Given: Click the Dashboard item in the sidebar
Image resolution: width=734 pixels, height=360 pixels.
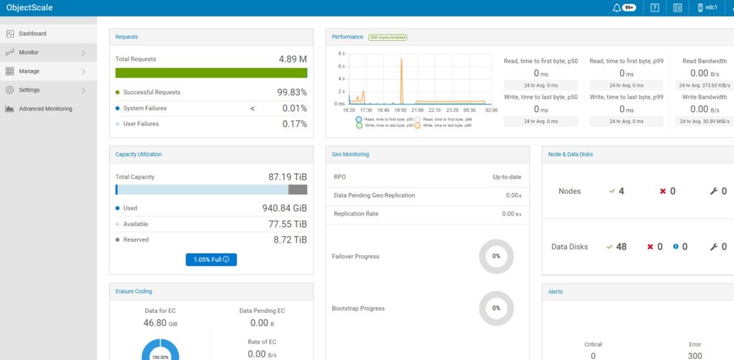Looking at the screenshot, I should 32,34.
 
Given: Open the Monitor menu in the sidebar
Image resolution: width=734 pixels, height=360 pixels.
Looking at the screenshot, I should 29,52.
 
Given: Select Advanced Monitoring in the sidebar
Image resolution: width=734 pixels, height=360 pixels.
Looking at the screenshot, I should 45,109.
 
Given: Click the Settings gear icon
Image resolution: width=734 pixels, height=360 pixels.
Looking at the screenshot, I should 10,90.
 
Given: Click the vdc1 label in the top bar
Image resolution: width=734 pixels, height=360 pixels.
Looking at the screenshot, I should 712,8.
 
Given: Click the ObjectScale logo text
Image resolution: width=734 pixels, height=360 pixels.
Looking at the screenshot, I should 29,8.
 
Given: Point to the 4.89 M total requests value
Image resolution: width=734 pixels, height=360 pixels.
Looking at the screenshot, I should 292,59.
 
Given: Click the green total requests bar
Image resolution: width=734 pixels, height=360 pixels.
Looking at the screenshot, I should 211,73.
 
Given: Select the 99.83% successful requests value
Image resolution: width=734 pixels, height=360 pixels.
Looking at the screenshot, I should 292,93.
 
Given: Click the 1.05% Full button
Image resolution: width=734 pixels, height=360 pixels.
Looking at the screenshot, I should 211,260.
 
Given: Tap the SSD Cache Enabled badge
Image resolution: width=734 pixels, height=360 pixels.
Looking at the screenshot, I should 388,37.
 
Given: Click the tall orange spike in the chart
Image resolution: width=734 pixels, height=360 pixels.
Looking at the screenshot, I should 401,72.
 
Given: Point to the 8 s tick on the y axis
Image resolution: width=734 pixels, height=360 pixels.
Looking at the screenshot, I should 341,54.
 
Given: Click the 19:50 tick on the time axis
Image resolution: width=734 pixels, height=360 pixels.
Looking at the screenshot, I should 400,110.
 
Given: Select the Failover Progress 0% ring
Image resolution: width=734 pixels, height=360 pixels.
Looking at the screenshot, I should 496,256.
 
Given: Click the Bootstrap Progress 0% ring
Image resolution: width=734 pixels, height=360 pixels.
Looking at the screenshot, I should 496,308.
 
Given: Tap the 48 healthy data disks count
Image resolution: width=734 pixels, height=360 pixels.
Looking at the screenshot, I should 621,247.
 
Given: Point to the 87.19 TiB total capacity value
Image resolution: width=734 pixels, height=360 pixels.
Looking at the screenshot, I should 287,176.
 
